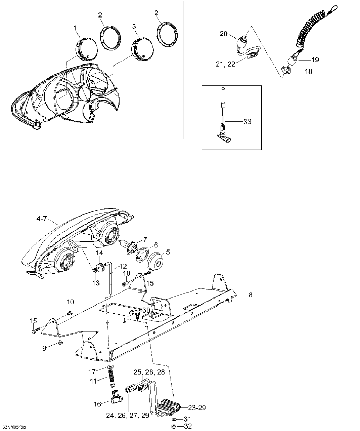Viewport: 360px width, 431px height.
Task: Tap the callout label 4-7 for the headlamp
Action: [42, 219]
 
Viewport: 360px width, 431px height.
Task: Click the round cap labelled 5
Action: [155, 261]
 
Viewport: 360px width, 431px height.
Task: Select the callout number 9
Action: [44, 348]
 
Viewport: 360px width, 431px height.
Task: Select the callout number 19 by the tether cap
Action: [315, 60]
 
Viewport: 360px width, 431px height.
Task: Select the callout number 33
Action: [247, 122]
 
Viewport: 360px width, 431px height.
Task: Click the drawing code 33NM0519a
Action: [13, 428]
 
